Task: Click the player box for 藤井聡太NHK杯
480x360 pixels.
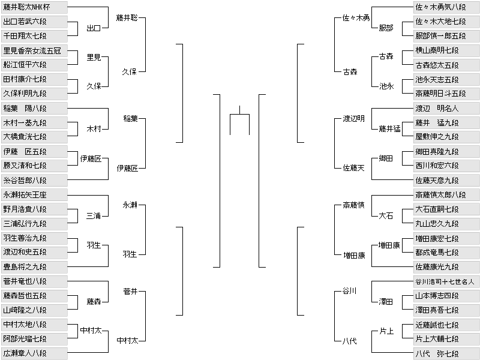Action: click(x=34, y=7)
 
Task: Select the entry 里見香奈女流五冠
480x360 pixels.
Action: click(x=34, y=50)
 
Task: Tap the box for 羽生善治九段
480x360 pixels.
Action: click(x=34, y=238)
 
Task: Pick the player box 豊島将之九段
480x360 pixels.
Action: click(x=34, y=267)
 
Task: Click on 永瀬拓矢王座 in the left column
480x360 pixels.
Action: click(x=34, y=194)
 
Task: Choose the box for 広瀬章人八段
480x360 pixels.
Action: click(x=34, y=353)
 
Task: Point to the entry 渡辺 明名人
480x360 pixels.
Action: click(x=446, y=109)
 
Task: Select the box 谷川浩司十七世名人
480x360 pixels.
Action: click(x=446, y=281)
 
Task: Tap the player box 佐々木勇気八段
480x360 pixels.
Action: click(x=446, y=7)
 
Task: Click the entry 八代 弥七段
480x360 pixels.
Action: click(x=446, y=354)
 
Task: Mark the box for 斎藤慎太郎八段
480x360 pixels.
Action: click(x=446, y=194)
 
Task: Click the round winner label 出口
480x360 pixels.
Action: click(x=94, y=28)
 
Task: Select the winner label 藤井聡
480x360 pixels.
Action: click(x=127, y=18)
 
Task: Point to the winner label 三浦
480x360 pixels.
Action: click(x=94, y=216)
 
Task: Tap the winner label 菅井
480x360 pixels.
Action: click(x=130, y=292)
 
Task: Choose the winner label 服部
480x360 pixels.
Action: click(x=386, y=28)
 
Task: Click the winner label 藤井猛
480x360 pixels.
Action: click(x=389, y=129)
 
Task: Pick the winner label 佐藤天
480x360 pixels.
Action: click(x=353, y=168)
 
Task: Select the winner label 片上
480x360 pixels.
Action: click(x=386, y=331)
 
